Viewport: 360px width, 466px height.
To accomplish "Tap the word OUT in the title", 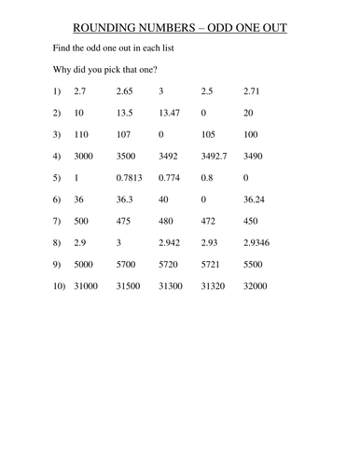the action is point(270,29).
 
